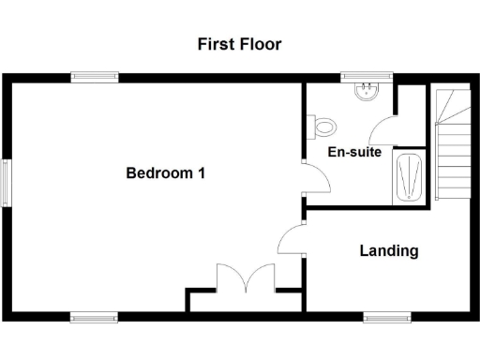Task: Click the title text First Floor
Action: point(239,44)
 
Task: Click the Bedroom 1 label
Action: point(166,173)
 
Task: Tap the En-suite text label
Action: point(353,152)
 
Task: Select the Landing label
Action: point(389,251)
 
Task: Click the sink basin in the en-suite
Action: point(366,92)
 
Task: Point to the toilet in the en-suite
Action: point(322,127)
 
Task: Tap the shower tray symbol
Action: point(410,177)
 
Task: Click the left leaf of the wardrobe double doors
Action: point(231,278)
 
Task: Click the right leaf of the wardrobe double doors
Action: point(262,278)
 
